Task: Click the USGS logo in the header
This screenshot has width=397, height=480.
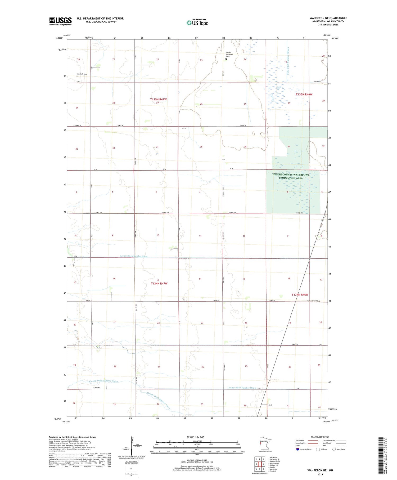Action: [60, 21]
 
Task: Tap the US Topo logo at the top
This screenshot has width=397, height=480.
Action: [197, 23]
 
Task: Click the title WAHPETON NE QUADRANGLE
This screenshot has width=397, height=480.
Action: [328, 18]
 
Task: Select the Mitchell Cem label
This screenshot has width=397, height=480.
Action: [82, 74]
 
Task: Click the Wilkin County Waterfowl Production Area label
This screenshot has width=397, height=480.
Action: [291, 176]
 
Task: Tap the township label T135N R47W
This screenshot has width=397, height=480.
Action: [159, 99]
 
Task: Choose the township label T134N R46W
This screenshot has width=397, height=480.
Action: [300, 295]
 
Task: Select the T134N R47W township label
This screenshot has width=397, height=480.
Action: [159, 284]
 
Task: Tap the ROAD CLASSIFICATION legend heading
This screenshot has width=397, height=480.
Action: [320, 437]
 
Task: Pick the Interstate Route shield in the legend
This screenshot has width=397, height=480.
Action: [298, 449]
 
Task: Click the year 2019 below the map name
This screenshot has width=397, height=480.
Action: [320, 474]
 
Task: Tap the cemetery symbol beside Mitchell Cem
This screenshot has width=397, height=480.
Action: [77, 77]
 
